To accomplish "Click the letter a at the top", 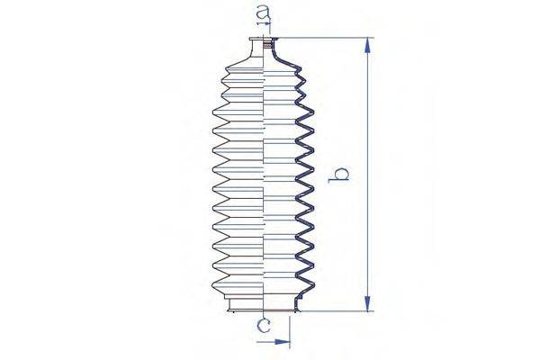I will [263, 15].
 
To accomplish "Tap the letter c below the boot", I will [262, 328].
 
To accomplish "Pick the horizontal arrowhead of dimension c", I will [285, 342].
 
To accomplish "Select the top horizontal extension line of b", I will [324, 38].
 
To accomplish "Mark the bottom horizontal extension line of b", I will [333, 311].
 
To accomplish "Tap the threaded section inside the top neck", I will [272, 45].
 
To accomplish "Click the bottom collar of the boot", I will [261, 302].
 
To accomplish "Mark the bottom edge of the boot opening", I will [261, 310].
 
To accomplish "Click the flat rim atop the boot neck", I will [259, 38].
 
